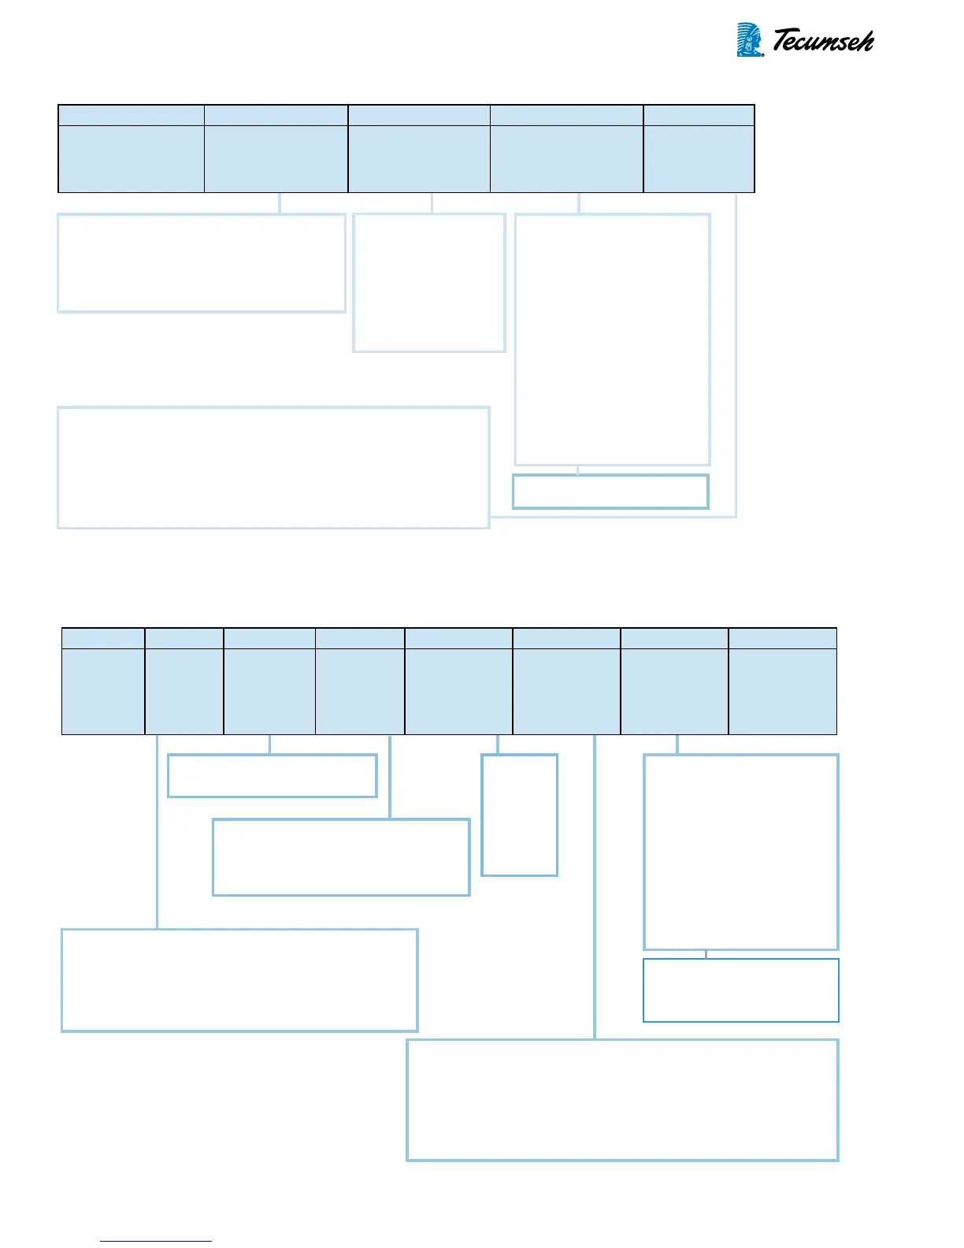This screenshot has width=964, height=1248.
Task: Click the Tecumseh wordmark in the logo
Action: coord(822,41)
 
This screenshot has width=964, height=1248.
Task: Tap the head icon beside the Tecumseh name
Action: coord(749,39)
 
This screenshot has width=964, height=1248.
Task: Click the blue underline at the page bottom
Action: coord(156,1242)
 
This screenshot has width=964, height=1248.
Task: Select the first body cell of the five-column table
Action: coord(131,158)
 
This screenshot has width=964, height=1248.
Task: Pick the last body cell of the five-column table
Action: coord(699,158)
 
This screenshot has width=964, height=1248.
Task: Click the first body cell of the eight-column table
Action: coord(103,691)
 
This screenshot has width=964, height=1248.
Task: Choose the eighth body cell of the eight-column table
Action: coord(782,691)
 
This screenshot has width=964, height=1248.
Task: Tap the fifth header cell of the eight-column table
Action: coord(458,638)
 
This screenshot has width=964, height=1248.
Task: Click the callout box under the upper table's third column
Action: coord(429,283)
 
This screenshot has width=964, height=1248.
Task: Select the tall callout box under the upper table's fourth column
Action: coord(612,339)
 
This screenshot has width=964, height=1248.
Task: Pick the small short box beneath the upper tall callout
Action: coord(610,492)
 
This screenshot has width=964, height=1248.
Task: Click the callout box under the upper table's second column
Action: coord(202,263)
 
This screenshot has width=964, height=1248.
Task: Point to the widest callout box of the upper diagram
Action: coord(273,467)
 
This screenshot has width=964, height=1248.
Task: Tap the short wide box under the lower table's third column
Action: coord(273,776)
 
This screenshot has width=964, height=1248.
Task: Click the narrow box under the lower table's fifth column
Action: coord(520,815)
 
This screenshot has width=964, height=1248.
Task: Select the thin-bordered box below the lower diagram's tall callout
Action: coord(741,990)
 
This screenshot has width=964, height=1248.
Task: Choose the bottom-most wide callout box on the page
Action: coord(622,1100)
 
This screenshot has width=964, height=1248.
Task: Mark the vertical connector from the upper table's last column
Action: coord(736,355)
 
